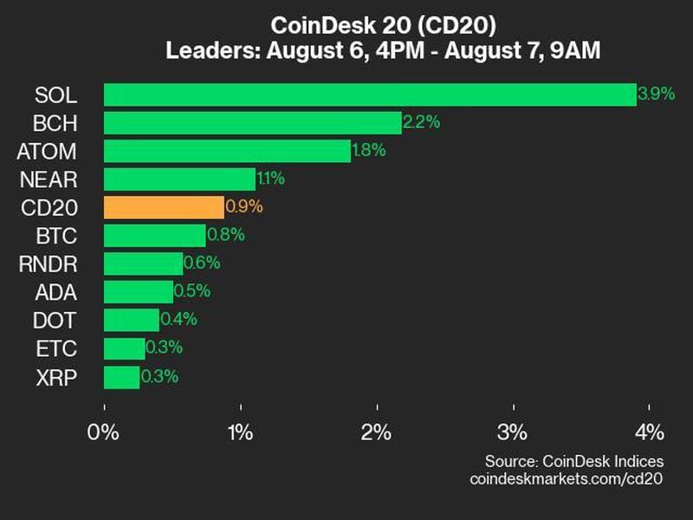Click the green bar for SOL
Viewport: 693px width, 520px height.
click(x=370, y=94)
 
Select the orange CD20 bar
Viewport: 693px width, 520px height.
click(x=164, y=207)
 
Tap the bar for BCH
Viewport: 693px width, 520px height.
click(x=253, y=122)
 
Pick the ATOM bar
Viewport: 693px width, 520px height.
click(x=227, y=151)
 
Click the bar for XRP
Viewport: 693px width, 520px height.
click(x=121, y=377)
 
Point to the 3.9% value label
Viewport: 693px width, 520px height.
click(x=656, y=94)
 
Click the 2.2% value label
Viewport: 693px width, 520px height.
click(x=421, y=122)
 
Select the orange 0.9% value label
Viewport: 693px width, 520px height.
click(x=243, y=207)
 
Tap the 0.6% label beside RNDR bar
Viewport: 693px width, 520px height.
click(x=202, y=263)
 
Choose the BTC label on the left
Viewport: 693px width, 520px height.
click(x=57, y=236)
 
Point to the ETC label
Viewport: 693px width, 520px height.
click(x=57, y=348)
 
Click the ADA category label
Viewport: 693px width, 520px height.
click(x=56, y=292)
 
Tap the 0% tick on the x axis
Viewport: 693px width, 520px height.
click(x=104, y=432)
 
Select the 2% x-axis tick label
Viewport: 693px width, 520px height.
click(x=377, y=432)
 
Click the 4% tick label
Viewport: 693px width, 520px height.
click(x=649, y=432)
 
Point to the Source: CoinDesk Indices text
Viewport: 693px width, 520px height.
click(x=574, y=460)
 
